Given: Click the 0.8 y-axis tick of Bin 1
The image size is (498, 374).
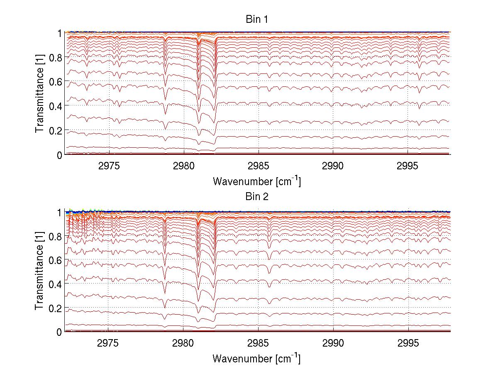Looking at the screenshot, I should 56,57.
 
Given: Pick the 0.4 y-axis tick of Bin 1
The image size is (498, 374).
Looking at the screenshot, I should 56,106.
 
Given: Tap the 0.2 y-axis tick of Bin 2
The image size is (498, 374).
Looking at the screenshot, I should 56,308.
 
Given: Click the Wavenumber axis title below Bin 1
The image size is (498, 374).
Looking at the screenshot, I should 256,181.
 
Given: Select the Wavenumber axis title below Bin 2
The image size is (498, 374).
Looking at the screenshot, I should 256,359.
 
